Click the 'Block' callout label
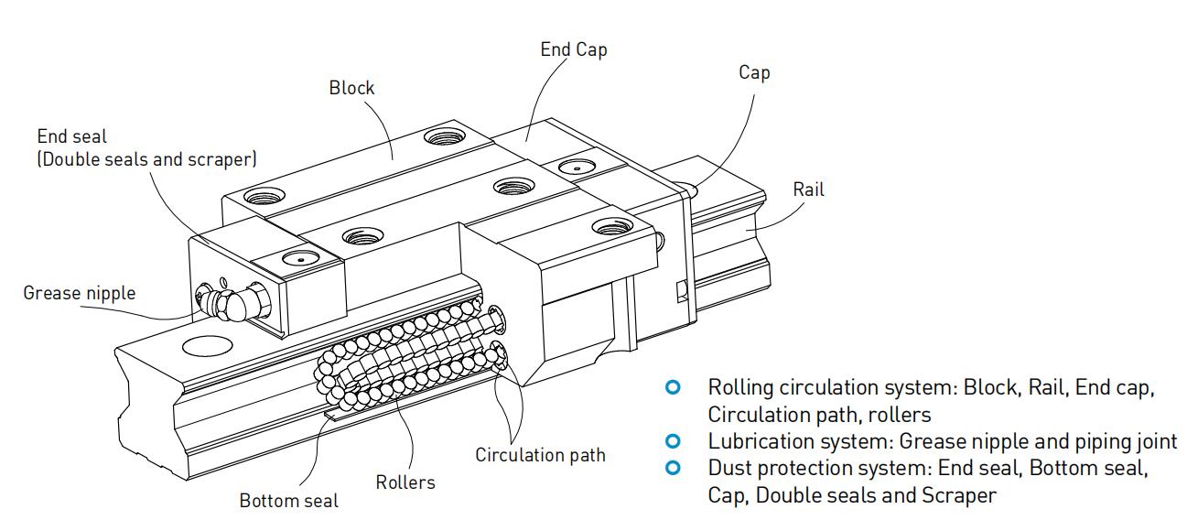coord(351,88)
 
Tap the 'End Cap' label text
coord(573,49)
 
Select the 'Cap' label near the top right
coord(754,72)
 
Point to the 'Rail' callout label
coord(808,190)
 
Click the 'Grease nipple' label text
coord(79,293)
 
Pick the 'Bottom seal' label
coord(288,501)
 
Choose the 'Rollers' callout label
coord(405,482)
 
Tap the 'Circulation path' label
coord(540,454)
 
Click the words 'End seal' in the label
coord(71,136)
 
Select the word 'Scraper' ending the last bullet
coord(964,495)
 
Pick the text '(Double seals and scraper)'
coord(146,158)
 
